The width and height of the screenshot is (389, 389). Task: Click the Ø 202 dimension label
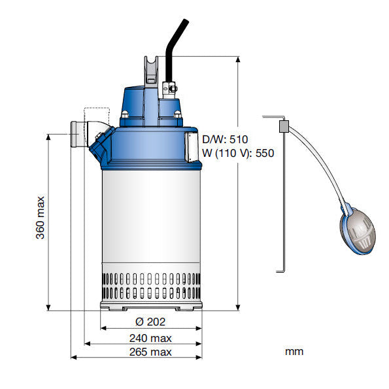tap(150, 322)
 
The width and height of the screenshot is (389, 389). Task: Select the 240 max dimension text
tap(150, 338)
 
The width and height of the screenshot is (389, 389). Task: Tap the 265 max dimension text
tap(150, 352)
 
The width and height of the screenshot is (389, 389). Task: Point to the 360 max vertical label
tap(40, 218)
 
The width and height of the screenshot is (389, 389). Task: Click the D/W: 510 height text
tap(225, 139)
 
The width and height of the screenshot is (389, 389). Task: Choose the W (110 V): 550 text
tap(238, 153)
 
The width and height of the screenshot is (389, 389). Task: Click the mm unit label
tap(294, 352)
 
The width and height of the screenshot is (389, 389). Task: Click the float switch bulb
tap(357, 229)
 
